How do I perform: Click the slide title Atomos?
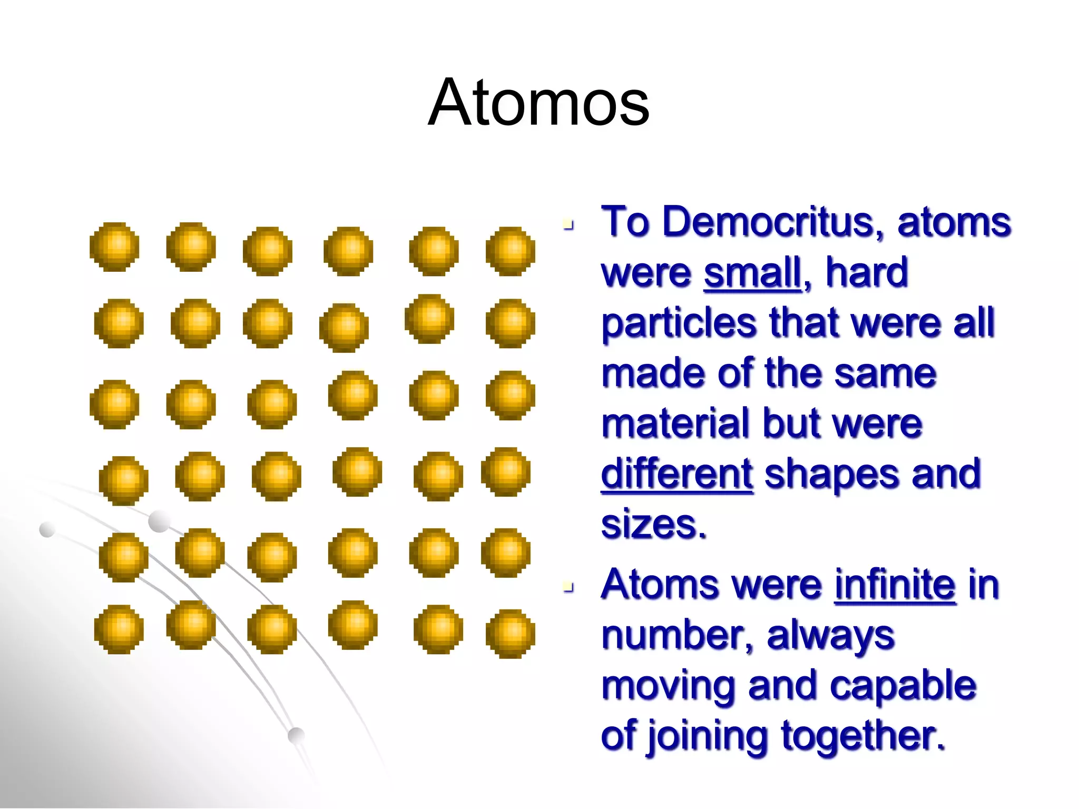(538, 103)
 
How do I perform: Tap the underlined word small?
(752, 273)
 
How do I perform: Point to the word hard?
(867, 273)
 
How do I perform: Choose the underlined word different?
(677, 474)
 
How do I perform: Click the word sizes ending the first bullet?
(653, 525)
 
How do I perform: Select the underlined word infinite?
(895, 585)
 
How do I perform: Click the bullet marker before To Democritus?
(568, 225)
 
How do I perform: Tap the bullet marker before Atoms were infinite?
(568, 587)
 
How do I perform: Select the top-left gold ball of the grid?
(114, 247)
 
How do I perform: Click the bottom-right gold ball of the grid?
(510, 634)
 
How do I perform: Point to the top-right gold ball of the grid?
(510, 251)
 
